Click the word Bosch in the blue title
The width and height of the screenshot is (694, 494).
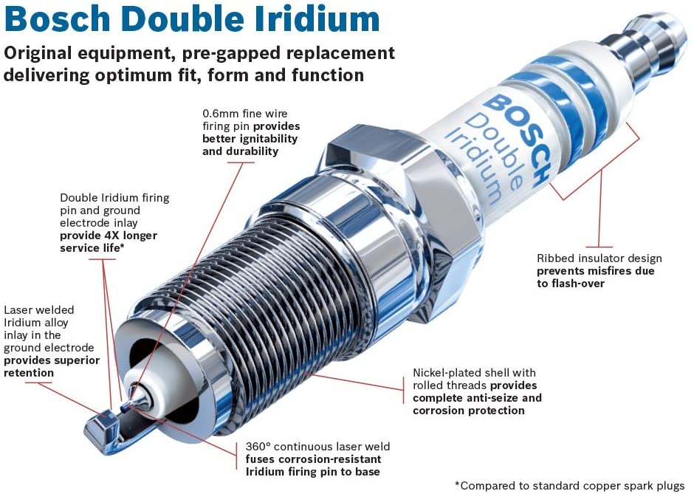click(57, 19)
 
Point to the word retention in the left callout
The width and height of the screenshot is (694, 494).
click(29, 373)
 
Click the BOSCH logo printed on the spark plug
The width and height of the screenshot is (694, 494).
click(516, 140)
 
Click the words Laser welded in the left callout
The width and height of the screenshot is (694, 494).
click(39, 310)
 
